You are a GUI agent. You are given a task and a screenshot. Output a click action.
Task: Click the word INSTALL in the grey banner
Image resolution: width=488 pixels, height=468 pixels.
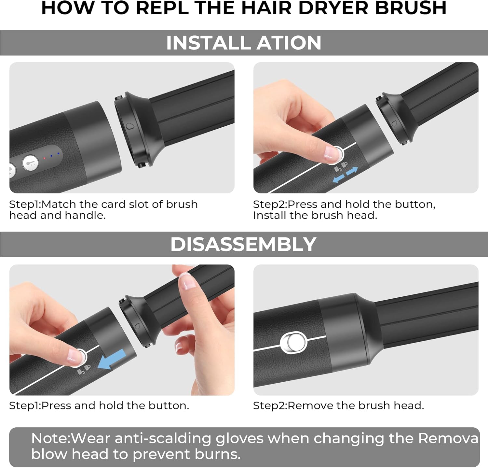[x=208, y=43]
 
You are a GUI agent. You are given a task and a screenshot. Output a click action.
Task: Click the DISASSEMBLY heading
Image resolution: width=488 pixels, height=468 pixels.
[x=243, y=244]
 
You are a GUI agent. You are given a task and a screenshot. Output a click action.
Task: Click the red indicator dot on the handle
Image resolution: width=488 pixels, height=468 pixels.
[x=44, y=158]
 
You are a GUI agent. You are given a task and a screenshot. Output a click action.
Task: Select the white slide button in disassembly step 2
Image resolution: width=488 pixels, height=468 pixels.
[x=293, y=343]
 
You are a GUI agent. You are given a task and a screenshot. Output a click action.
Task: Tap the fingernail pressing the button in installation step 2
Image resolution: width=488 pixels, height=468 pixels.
[x=332, y=152]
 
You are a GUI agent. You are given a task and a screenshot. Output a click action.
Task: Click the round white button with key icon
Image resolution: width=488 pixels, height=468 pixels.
[x=30, y=162]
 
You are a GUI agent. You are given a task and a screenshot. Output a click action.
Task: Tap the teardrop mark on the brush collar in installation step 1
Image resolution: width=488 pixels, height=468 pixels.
[x=130, y=126]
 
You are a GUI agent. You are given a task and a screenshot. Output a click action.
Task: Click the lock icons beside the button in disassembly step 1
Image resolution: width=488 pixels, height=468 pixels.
[x=84, y=370]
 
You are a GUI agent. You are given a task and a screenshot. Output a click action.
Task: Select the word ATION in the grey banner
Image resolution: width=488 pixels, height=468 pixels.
[x=289, y=43]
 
